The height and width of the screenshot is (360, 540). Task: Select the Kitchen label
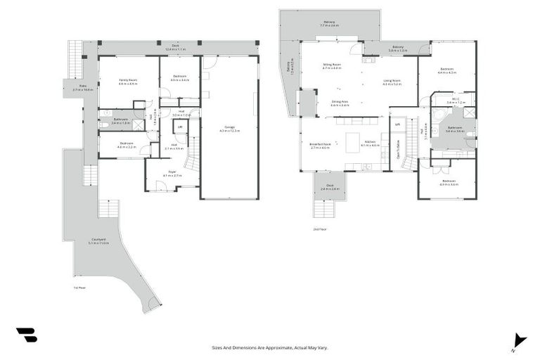(x=370, y=145)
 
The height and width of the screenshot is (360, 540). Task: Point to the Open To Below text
(x=399, y=150)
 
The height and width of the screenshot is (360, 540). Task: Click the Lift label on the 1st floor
(x=180, y=127)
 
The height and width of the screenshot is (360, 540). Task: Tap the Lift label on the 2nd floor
(x=397, y=124)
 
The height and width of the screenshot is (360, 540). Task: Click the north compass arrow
(x=519, y=340)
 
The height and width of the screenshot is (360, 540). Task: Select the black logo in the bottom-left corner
(x=27, y=335)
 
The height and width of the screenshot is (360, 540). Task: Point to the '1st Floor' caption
(x=79, y=288)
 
